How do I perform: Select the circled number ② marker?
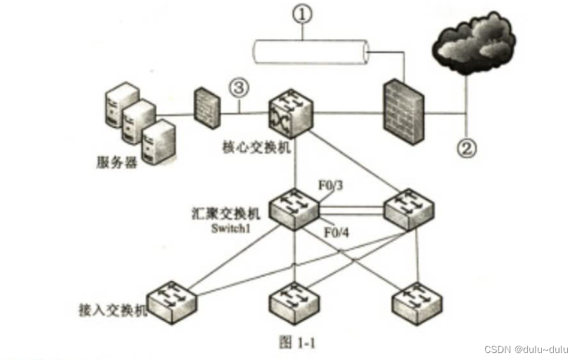point(467,147)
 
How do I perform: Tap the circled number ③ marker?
point(238,89)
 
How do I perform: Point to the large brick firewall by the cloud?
point(404,111)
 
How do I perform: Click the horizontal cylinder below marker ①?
point(311,53)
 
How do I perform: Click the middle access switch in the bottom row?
point(294,302)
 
